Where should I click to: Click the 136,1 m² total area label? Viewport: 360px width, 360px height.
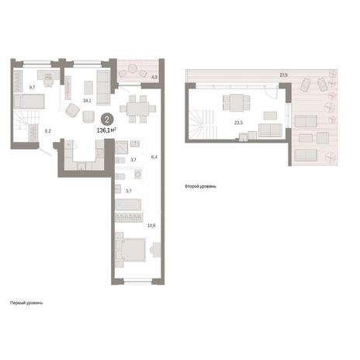[x=106, y=130]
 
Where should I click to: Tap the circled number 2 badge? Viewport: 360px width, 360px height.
[x=107, y=120]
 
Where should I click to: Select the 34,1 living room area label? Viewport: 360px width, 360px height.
[x=87, y=101]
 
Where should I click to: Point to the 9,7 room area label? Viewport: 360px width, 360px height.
[x=32, y=88]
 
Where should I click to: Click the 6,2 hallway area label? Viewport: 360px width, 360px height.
[x=48, y=131]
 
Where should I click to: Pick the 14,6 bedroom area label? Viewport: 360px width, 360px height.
[x=151, y=226]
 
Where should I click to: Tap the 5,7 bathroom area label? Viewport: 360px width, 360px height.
[x=129, y=191]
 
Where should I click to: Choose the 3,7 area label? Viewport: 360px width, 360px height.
[x=133, y=160]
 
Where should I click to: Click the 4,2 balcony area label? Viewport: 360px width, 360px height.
[x=154, y=77]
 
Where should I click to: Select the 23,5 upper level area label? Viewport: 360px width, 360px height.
[x=238, y=123]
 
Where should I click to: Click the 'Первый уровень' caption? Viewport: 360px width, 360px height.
[x=26, y=303]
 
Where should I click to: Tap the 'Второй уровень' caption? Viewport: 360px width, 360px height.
[x=201, y=186]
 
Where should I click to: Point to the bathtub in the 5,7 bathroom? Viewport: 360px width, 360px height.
[x=128, y=205]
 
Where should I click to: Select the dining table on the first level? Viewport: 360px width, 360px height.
[x=137, y=109]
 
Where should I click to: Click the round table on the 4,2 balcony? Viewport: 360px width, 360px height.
[x=132, y=69]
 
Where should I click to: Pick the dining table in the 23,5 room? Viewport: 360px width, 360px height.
[x=237, y=102]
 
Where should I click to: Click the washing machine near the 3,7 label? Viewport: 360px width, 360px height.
[x=138, y=174]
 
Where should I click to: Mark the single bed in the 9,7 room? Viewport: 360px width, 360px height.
[x=29, y=101]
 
